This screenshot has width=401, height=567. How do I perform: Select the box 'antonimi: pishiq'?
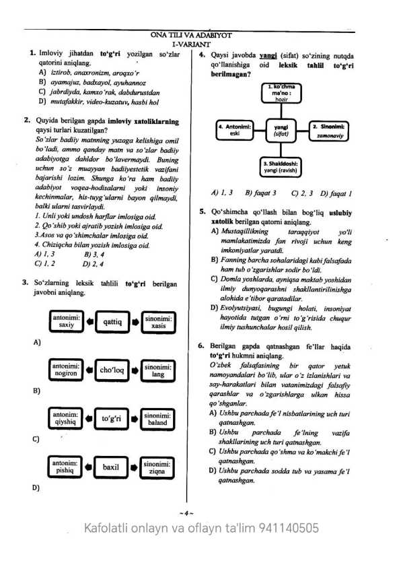tap(66, 467)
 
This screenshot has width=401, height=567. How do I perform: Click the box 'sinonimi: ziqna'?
tap(157, 467)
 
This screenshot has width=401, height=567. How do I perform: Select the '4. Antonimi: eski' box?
tap(235, 130)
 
